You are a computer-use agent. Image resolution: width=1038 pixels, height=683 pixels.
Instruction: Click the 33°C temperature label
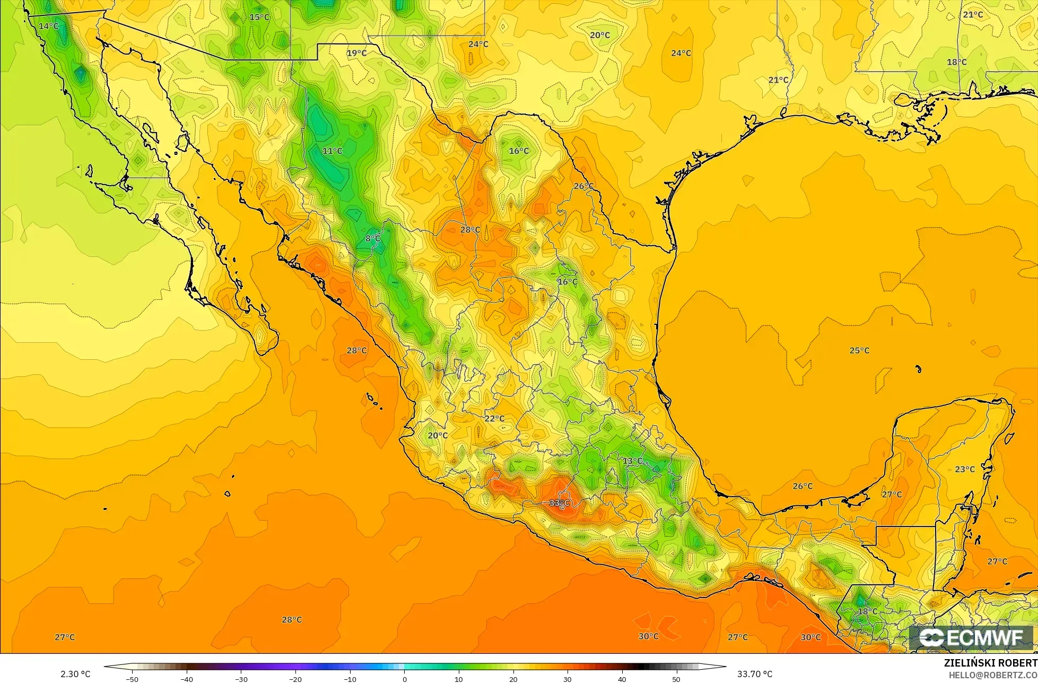tap(559, 503)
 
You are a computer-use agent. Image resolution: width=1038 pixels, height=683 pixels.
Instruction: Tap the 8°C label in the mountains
tap(373, 239)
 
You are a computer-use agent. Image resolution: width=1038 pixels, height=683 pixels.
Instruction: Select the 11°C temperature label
tap(333, 151)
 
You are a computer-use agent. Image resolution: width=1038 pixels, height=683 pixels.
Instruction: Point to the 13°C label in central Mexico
tap(632, 461)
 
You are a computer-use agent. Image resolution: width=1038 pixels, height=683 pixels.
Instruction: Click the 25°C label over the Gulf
tap(860, 350)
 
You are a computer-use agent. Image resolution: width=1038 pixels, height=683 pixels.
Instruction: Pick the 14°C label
tap(49, 26)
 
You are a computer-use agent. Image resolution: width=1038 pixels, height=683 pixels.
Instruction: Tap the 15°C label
tap(259, 17)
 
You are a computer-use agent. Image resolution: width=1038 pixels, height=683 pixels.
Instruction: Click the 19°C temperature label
tap(357, 53)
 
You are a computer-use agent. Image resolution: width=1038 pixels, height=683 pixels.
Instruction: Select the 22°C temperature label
tap(494, 418)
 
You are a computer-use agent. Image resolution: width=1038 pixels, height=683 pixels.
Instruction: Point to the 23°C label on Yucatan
tap(965, 469)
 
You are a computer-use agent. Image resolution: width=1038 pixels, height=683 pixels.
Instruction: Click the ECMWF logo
tap(971, 638)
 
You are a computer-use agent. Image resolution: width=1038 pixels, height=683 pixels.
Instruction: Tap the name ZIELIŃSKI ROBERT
tap(990, 663)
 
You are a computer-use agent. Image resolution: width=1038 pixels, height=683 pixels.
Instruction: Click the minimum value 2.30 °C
tap(75, 674)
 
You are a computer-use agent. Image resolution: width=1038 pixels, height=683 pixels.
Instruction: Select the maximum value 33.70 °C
tap(755, 674)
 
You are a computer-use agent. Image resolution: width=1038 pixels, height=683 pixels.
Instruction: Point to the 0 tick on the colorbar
tap(404, 679)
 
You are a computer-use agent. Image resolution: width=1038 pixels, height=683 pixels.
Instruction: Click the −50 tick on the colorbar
tap(132, 679)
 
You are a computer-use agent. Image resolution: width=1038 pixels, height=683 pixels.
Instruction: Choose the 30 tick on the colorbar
tap(568, 679)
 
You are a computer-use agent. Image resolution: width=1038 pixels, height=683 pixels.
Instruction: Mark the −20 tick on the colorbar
tap(295, 679)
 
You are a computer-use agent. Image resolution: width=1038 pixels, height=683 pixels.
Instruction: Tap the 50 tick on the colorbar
tap(676, 679)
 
